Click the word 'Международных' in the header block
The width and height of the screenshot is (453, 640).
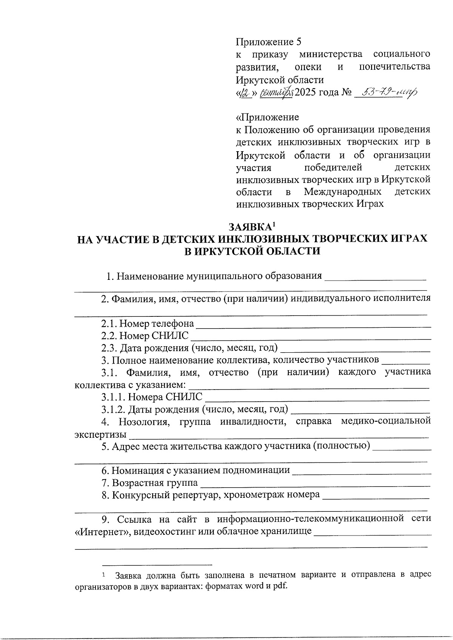342,192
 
